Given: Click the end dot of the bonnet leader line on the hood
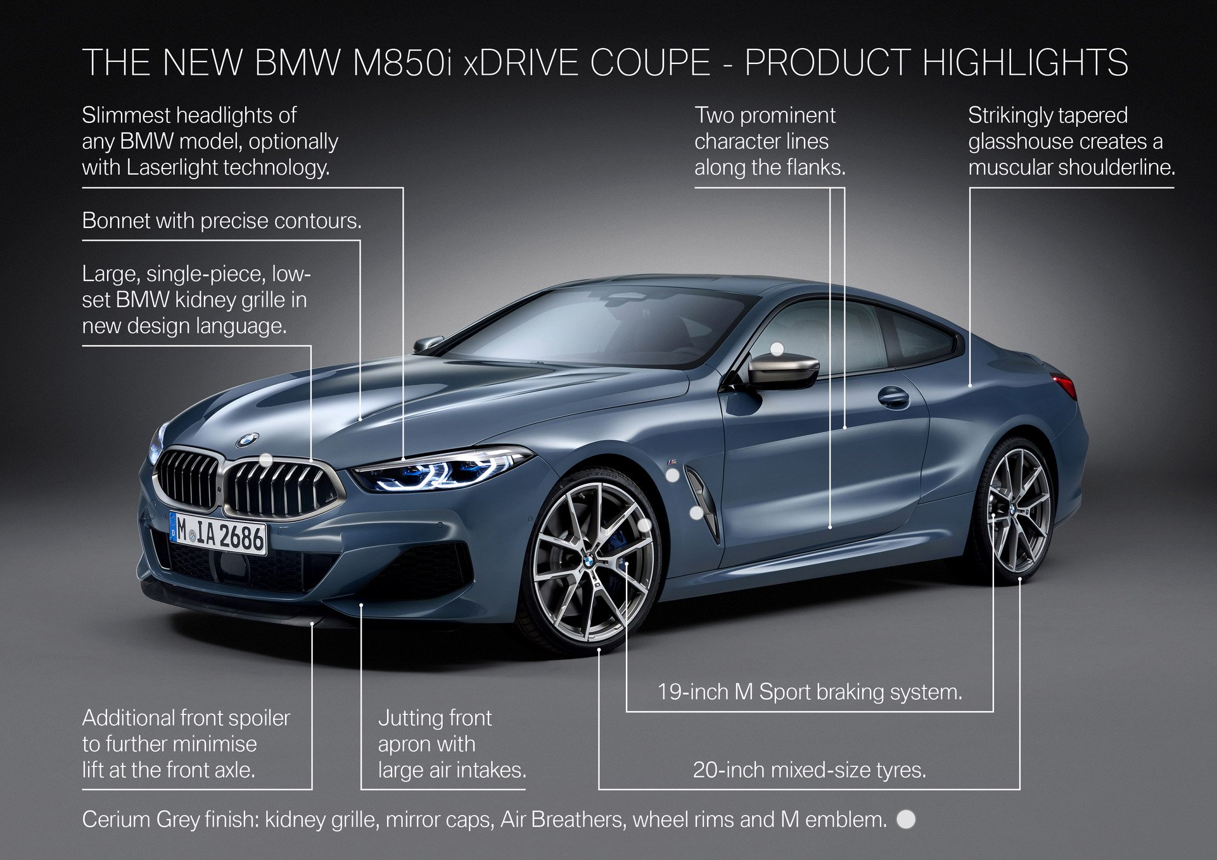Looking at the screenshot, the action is coord(360,419).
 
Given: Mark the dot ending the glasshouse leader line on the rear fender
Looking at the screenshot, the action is coord(970,384).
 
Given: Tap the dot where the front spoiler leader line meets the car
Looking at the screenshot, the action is coord(312,624).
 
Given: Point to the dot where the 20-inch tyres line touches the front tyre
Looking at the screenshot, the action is coord(599,649).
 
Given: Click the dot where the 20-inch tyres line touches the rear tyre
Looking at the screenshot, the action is coord(1020,579).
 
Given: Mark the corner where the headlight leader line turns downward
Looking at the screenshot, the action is coord(404,187).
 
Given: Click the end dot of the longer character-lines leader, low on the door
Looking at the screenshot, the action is coord(830,526).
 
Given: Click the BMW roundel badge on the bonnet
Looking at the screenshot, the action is coord(247,439).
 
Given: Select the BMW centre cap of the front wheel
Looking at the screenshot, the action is coord(589,559).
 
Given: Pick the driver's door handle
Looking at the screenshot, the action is coord(893,397).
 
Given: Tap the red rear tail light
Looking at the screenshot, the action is coord(1065,384).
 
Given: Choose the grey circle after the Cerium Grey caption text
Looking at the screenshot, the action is coord(907,819).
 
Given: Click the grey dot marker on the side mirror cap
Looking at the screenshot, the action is coord(777,349).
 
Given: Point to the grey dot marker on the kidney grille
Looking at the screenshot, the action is coord(266,460).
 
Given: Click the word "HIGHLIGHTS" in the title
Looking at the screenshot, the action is coord(1025,63).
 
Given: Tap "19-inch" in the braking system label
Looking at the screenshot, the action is coord(693,692).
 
